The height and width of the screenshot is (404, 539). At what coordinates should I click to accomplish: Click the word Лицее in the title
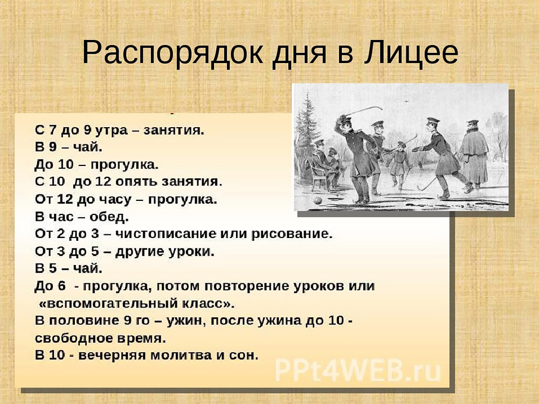(x=411, y=53)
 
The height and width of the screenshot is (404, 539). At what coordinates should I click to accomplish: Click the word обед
(x=109, y=217)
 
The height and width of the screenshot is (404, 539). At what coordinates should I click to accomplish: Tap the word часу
(x=109, y=200)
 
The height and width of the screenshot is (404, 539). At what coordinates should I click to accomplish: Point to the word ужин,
(x=186, y=321)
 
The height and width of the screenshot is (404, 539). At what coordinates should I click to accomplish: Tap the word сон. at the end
(x=244, y=355)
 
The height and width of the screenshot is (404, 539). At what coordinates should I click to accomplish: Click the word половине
(x=84, y=321)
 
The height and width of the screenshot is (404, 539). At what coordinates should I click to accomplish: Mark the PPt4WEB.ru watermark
(x=358, y=371)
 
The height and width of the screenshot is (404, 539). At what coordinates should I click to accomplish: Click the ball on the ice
(x=319, y=200)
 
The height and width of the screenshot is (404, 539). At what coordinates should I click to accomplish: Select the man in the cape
(x=474, y=154)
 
